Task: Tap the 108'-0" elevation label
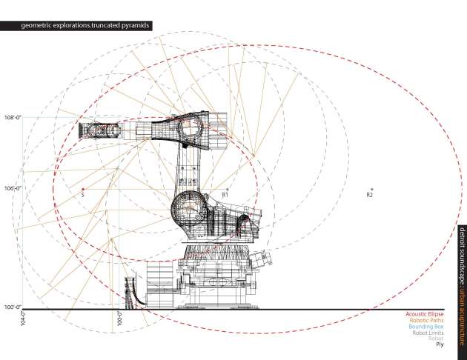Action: coord(12,117)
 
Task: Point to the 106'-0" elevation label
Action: coord(12,188)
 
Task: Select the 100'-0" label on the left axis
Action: coord(12,307)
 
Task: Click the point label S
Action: coord(83,196)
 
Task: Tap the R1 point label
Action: coord(225,195)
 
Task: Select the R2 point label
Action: coord(369,195)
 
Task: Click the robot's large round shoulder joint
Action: coord(187,210)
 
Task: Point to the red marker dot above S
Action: coord(83,189)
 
